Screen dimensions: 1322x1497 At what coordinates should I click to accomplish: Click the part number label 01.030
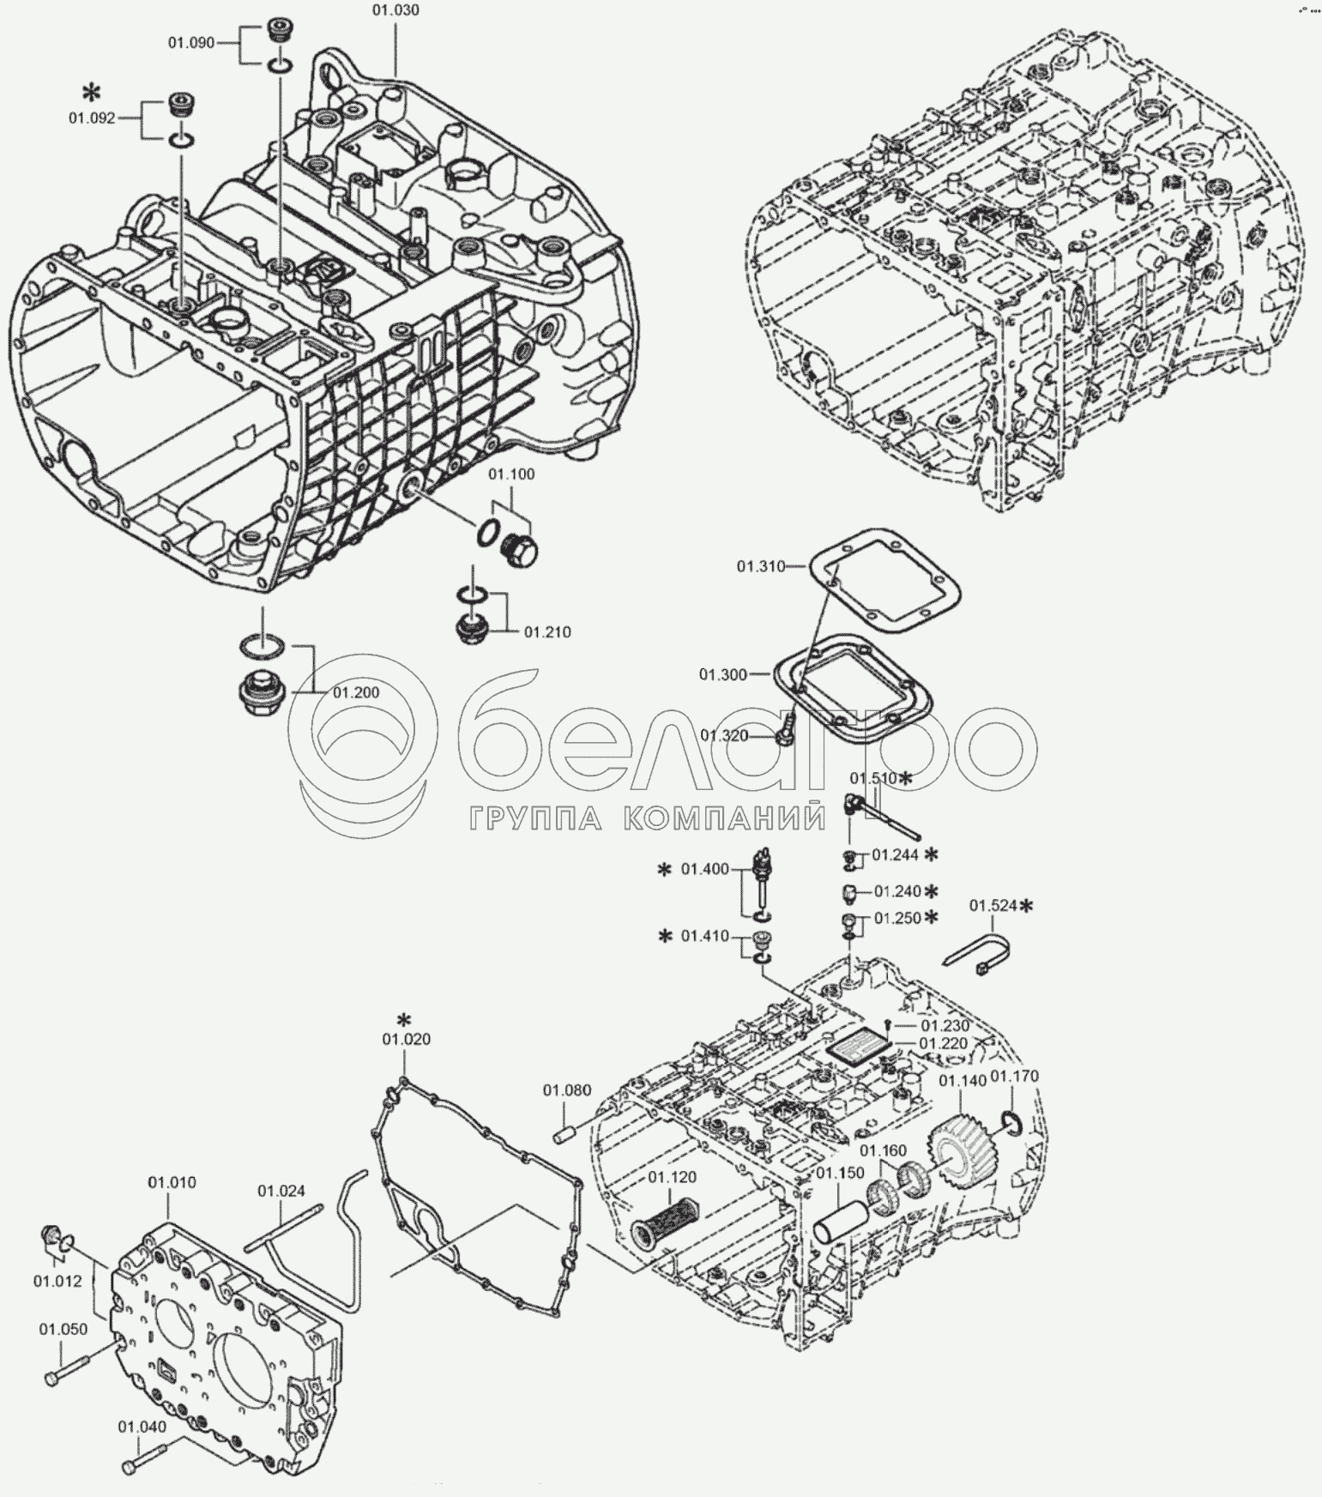(x=395, y=10)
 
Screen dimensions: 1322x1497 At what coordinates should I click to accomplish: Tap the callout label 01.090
(x=190, y=42)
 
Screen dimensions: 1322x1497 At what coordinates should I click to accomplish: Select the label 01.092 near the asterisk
(x=92, y=118)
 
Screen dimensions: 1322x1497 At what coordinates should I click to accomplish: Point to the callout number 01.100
(x=511, y=474)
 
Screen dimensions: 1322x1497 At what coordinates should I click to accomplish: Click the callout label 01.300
(x=723, y=674)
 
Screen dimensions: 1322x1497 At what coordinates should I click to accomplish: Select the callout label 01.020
(x=407, y=1039)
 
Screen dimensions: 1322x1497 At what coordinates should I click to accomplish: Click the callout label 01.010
(x=172, y=1182)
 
